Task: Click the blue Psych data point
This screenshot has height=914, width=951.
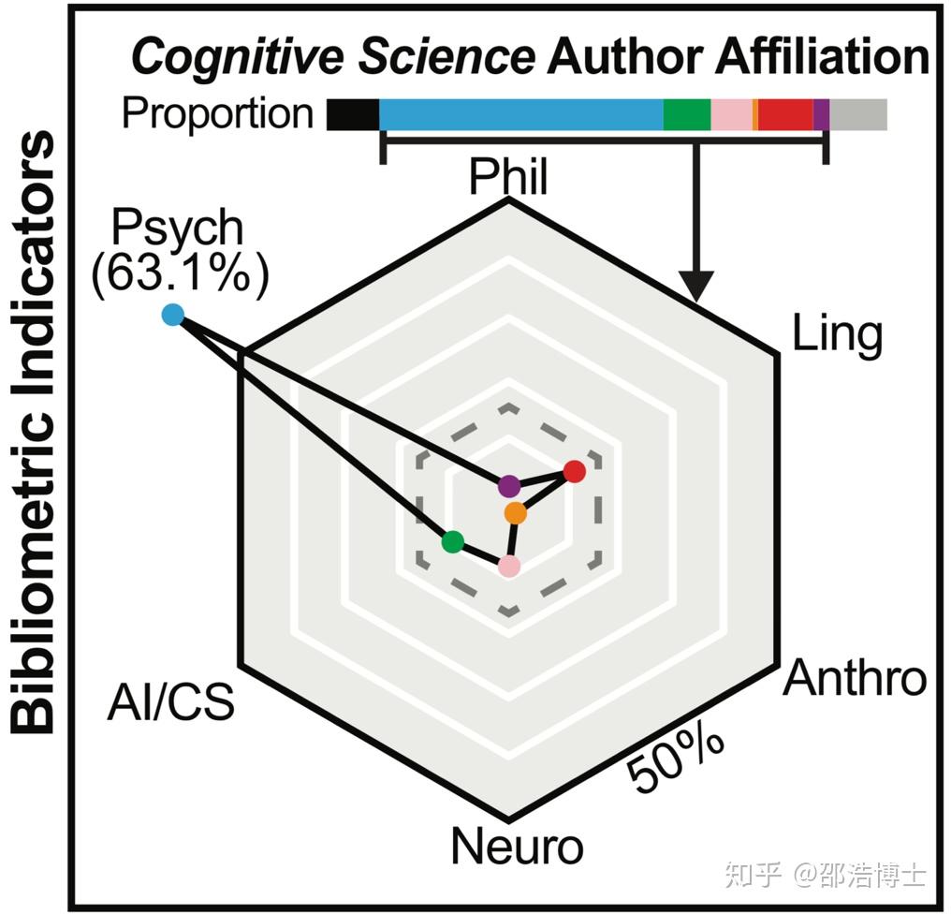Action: [172, 316]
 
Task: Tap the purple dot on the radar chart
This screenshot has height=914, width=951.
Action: [508, 486]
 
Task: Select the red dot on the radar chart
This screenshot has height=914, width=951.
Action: [575, 471]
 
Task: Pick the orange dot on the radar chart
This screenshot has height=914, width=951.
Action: [515, 513]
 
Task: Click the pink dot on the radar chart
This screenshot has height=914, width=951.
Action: [508, 567]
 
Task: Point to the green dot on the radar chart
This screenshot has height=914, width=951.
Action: [452, 541]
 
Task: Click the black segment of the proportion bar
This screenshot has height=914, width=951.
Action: [353, 114]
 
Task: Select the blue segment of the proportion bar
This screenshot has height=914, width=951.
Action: [520, 114]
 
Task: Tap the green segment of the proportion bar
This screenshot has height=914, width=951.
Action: [687, 114]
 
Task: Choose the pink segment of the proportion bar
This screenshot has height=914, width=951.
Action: [731, 114]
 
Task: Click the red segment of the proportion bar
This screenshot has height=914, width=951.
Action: [785, 114]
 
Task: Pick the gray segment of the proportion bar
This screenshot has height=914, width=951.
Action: [858, 114]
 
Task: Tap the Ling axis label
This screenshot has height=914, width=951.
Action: [837, 333]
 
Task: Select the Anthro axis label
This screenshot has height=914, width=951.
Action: [855, 678]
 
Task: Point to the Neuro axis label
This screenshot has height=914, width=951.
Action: [517, 846]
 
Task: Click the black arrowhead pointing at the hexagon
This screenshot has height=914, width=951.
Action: [696, 285]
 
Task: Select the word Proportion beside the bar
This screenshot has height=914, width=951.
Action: [217, 113]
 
